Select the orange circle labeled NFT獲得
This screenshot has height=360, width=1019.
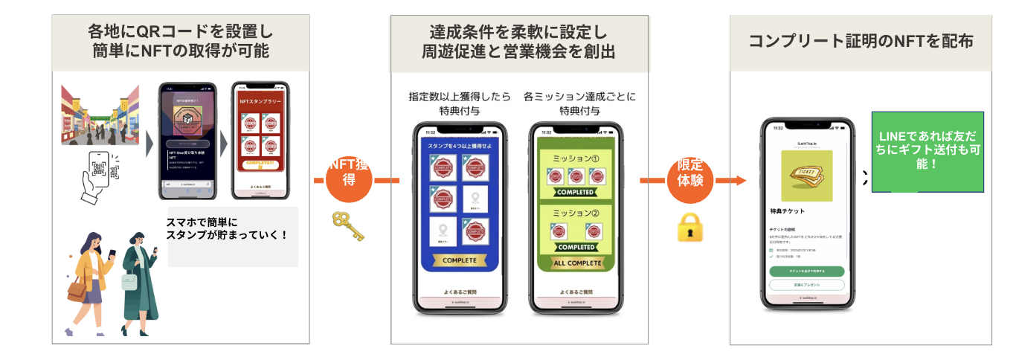350,179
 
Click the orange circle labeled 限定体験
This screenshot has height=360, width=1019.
690,179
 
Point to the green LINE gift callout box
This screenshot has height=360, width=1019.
928,152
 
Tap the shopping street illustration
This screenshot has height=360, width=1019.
100,115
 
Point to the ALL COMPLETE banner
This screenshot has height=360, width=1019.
576,263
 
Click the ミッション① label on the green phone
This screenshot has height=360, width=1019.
576,158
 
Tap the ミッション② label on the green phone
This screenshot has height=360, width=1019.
576,213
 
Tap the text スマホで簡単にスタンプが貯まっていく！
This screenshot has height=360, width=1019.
226,228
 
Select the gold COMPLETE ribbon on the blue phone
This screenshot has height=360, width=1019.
459,260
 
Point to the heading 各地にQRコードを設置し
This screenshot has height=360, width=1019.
181,32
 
